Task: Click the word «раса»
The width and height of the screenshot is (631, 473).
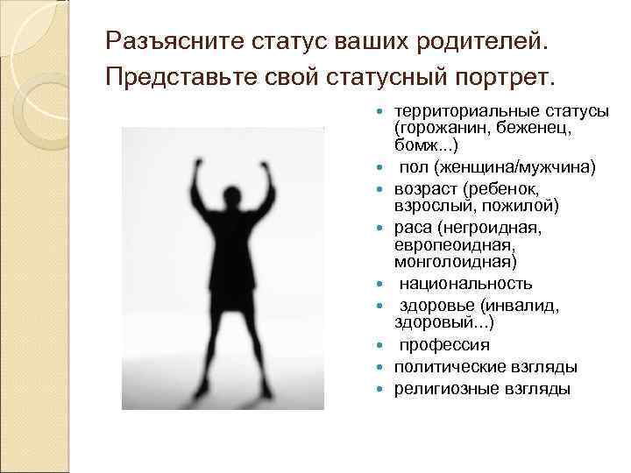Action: pyautogui.click(x=412, y=228)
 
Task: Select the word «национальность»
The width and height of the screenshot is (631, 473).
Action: pyautogui.click(x=465, y=284)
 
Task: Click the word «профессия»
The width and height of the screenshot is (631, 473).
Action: pyautogui.click(x=445, y=345)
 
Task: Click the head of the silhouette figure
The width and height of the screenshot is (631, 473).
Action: pyautogui.click(x=234, y=194)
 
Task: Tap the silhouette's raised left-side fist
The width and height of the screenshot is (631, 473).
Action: pyautogui.click(x=200, y=164)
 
